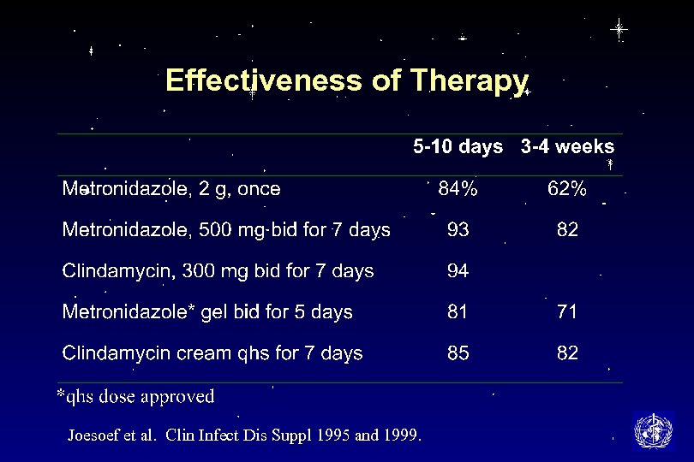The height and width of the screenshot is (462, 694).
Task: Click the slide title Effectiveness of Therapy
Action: pyautogui.click(x=346, y=80)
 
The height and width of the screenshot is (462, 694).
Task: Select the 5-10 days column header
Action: pyautogui.click(x=458, y=147)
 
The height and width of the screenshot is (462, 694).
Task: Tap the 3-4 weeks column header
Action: pyautogui.click(x=567, y=147)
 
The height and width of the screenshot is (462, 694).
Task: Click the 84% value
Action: pyautogui.click(x=458, y=189)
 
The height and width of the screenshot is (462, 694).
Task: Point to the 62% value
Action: pyautogui.click(x=567, y=189)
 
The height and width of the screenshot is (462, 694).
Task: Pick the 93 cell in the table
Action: pyautogui.click(x=458, y=230)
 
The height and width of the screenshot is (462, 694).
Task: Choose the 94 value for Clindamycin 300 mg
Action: pyautogui.click(x=458, y=271)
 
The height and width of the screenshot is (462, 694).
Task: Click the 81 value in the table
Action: pyautogui.click(x=458, y=312)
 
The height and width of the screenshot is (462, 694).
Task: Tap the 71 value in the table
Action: pyautogui.click(x=567, y=312)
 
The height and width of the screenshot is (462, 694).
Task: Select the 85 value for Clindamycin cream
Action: pyautogui.click(x=458, y=353)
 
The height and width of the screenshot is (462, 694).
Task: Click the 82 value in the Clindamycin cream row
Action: pyautogui.click(x=567, y=353)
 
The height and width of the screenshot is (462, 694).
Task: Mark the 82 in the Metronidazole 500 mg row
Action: pyautogui.click(x=567, y=230)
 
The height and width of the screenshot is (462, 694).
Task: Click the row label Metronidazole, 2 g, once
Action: pyautogui.click(x=171, y=189)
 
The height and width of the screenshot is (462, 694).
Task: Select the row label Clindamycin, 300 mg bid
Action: pyautogui.click(x=218, y=271)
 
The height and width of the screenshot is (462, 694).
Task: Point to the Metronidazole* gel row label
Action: pyautogui.click(x=207, y=312)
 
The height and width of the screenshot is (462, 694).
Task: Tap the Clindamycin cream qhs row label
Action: pyautogui.click(x=212, y=353)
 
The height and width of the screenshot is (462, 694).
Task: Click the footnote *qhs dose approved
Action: pyautogui.click(x=135, y=396)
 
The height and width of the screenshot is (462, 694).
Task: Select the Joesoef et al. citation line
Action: pyautogui.click(x=244, y=435)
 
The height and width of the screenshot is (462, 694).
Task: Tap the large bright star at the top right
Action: pyautogui.click(x=619, y=29)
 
